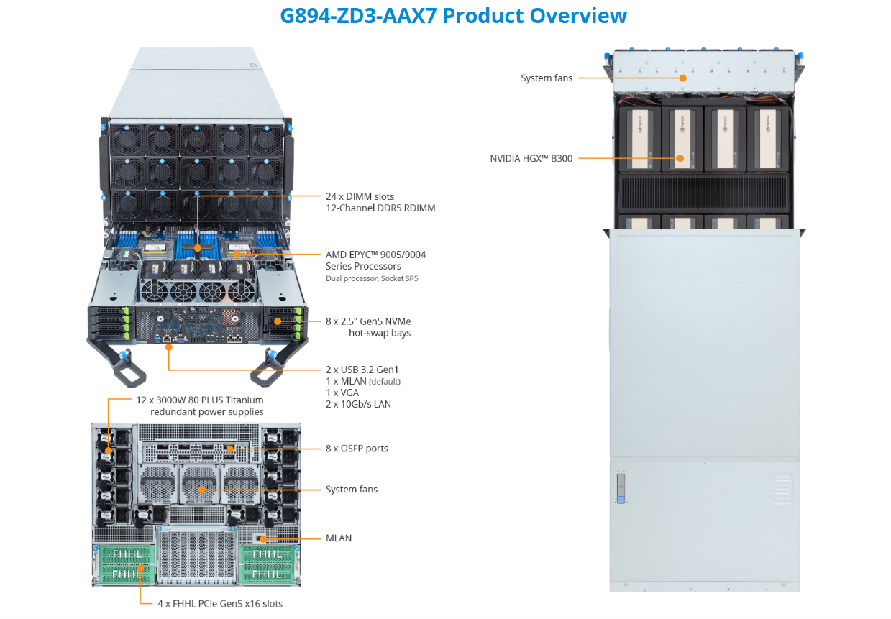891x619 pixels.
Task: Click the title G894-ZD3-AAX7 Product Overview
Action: tap(453, 16)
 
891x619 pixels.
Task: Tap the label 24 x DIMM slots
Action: tap(360, 196)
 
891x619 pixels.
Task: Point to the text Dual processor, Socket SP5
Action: tap(372, 278)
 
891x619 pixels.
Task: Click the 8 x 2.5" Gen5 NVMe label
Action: tap(368, 321)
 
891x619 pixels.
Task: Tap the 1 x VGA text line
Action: tap(342, 393)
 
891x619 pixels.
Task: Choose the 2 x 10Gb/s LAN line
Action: tap(358, 404)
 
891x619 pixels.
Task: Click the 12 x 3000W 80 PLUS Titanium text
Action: tap(200, 400)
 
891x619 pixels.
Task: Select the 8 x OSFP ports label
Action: tap(357, 449)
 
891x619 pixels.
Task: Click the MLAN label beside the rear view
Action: tap(339, 538)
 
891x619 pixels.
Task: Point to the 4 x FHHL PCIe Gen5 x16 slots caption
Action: tap(220, 604)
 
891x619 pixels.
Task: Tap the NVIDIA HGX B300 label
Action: tap(531, 158)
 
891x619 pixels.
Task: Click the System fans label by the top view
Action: tap(547, 78)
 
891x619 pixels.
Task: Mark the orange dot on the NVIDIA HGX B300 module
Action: tap(680, 158)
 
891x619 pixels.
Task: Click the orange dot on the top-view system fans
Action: tap(683, 78)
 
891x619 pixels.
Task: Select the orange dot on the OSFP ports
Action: tap(229, 449)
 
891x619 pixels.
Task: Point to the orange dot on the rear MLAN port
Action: tap(264, 538)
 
